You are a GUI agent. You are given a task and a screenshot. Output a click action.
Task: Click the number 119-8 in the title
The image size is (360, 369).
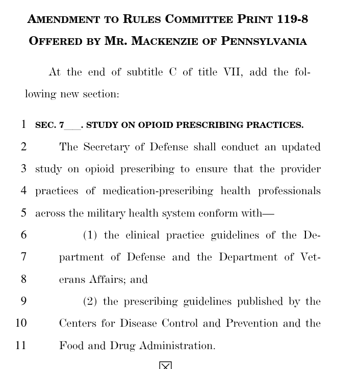point(293,19)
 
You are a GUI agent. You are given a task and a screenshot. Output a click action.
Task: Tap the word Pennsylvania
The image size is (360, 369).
point(264,41)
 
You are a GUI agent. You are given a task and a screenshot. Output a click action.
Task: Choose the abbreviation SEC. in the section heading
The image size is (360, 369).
point(45,125)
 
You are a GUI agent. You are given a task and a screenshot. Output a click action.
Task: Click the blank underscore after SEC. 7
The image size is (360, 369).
point(72,126)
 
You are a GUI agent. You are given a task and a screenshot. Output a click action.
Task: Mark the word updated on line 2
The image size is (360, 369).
point(301,147)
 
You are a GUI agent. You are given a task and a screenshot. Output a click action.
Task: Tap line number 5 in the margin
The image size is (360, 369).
point(23,213)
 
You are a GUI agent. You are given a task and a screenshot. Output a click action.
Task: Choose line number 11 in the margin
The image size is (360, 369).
point(20,346)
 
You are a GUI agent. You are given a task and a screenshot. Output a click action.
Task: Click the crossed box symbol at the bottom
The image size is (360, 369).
point(165,365)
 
